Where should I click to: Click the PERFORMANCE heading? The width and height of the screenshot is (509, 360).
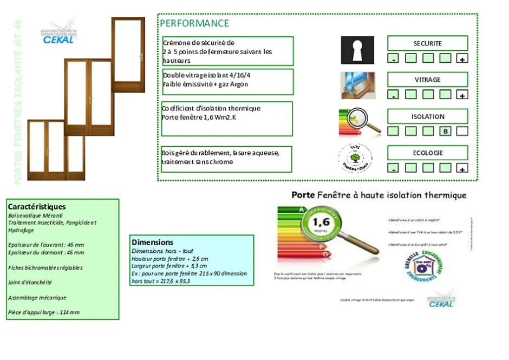tap(194, 23)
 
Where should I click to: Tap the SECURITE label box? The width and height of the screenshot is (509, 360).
tap(427, 43)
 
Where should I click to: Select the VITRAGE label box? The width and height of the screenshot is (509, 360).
tap(427, 80)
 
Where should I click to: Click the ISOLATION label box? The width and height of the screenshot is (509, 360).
tap(427, 116)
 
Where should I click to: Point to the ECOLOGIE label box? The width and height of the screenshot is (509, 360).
tap(427, 153)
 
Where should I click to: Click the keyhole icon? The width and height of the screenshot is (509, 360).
tap(357, 50)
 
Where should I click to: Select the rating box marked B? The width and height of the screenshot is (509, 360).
tap(445, 131)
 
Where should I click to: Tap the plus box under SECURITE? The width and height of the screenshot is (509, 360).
tap(462, 58)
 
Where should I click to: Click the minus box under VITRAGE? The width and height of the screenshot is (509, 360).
tap(394, 95)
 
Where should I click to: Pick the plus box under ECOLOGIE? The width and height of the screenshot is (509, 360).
tap(462, 168)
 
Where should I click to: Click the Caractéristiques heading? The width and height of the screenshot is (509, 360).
tap(37, 206)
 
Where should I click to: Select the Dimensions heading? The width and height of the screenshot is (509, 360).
tap(153, 242)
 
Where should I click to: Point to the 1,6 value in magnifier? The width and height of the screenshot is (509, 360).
tap(321, 222)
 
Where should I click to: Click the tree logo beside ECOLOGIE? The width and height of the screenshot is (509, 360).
tap(355, 158)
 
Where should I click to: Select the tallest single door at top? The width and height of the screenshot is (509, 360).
tap(128, 54)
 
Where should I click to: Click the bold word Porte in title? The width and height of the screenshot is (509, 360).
tap(303, 195)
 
